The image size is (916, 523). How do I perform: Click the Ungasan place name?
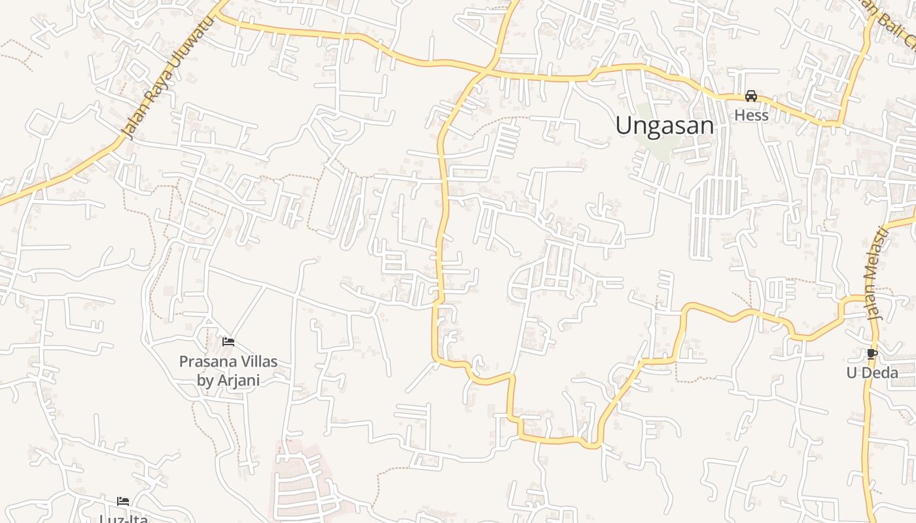click(664, 125)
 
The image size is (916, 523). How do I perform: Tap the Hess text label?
click(751, 115)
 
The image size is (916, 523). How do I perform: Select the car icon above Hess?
click(751, 96)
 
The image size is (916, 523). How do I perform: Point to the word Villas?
click(258, 361)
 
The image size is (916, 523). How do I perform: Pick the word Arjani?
click(238, 380)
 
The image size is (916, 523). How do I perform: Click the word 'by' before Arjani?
click(205, 380)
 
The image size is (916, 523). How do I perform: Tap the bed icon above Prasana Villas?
click(228, 341)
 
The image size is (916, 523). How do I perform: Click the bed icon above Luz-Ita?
click(123, 501)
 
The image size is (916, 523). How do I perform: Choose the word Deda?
click(880, 373)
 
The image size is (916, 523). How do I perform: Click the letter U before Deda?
click(852, 373)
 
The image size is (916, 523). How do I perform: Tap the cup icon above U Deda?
click(872, 354)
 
